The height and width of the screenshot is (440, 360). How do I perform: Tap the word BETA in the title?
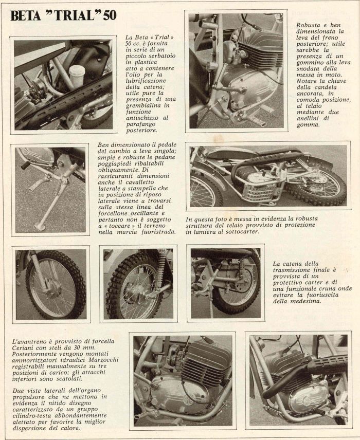click(x=26, y=15)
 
